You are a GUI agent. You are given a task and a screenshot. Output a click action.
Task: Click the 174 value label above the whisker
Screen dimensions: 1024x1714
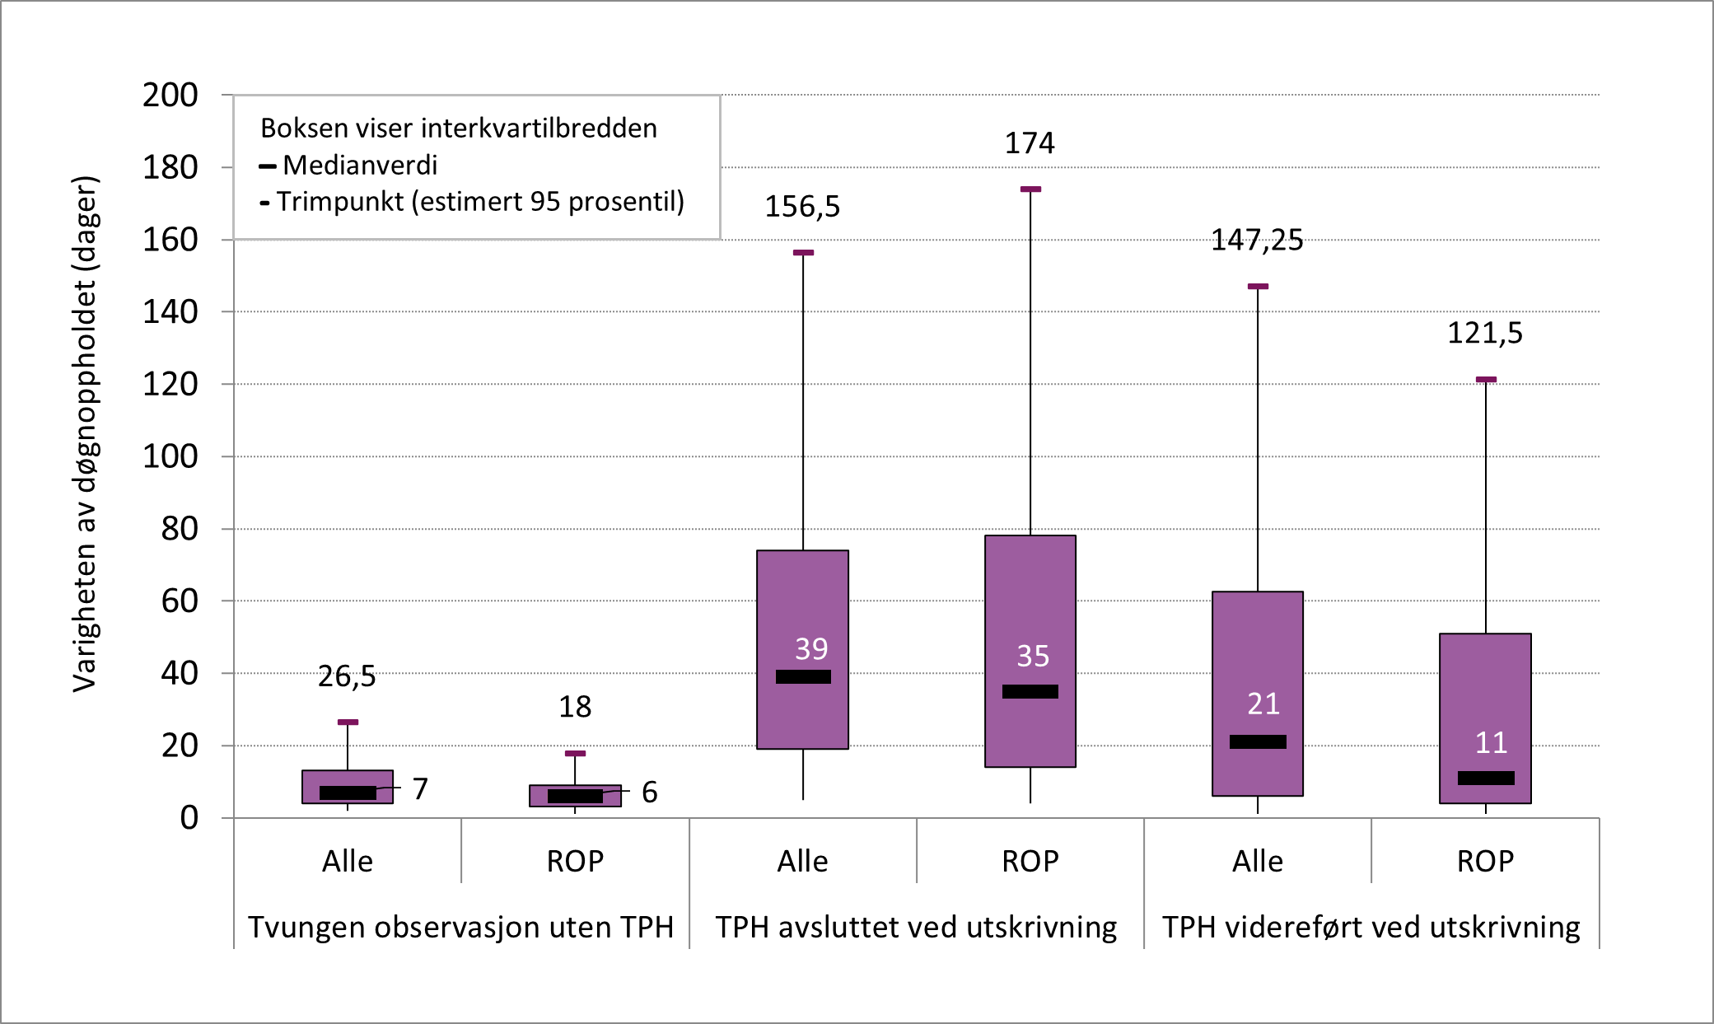[x=1029, y=143]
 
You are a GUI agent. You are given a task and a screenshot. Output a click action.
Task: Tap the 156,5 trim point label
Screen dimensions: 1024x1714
[x=802, y=207]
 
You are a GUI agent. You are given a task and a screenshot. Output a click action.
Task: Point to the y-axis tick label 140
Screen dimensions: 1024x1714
[x=170, y=312]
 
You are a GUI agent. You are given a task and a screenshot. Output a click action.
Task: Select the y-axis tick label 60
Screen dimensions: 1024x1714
[x=180, y=601]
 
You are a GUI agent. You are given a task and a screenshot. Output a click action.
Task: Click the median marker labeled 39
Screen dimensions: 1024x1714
[x=803, y=676]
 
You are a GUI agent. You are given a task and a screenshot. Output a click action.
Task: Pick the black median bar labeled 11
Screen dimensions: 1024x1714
[x=1486, y=778]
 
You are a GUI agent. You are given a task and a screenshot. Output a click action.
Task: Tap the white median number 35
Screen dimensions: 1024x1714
[x=1033, y=657]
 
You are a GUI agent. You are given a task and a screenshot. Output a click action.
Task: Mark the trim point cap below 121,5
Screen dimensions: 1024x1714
[x=1486, y=380]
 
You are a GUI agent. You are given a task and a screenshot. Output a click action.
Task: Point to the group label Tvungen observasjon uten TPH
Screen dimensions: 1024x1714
[x=460, y=928]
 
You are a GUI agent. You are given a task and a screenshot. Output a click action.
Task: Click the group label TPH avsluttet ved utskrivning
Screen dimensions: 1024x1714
[x=916, y=928]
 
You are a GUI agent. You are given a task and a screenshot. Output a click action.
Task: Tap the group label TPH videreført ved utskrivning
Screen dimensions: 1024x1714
[x=1371, y=928]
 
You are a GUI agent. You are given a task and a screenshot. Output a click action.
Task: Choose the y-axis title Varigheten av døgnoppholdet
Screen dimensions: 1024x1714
[x=85, y=434]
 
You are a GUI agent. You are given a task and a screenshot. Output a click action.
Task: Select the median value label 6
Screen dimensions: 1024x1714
[x=649, y=793]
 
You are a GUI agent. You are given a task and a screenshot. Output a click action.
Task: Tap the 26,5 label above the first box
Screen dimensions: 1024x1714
[x=347, y=676]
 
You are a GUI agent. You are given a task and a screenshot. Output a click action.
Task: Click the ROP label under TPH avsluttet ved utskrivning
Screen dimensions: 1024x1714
[x=1030, y=862]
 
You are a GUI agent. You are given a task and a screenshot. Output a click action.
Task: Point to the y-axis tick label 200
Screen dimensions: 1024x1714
[x=170, y=96]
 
